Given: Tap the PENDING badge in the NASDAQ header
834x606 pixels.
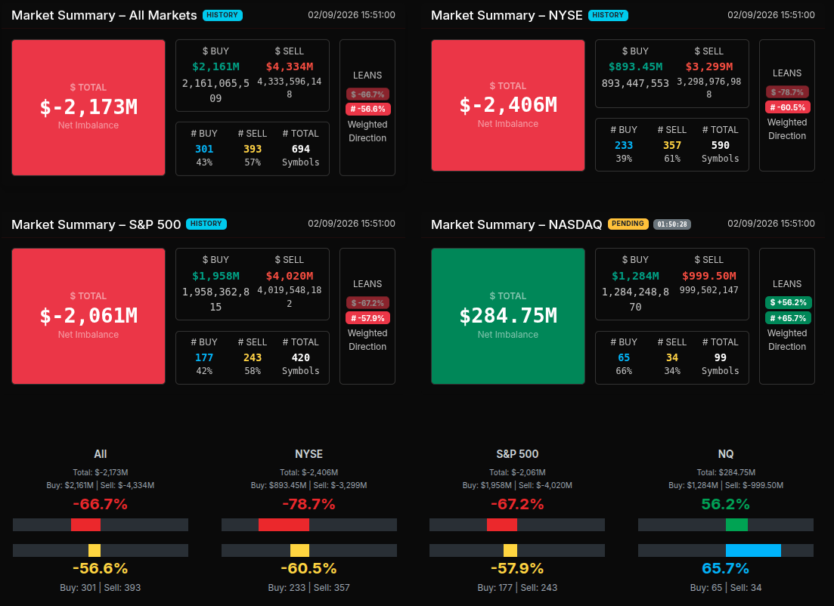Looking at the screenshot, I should click(628, 224).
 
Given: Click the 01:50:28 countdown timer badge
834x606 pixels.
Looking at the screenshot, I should click(672, 224).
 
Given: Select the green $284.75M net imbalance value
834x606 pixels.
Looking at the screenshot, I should click(508, 315).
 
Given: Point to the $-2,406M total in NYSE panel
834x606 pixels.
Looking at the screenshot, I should click(508, 104).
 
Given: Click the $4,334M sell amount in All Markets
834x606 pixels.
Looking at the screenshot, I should click(289, 67).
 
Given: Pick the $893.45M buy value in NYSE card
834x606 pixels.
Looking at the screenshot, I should click(635, 66).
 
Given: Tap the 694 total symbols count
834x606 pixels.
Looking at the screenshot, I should click(301, 149).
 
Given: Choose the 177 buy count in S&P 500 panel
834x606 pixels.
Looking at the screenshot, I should click(204, 357).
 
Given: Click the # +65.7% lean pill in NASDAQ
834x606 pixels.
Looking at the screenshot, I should click(787, 318).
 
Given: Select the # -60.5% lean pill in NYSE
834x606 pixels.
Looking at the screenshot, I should click(787, 107).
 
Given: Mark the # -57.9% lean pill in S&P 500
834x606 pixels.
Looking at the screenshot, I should click(368, 318).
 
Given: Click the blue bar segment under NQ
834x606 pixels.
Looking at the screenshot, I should click(753, 550).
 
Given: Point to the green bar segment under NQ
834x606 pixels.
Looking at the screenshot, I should click(736, 524).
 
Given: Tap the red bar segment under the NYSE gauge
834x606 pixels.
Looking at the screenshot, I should click(284, 524).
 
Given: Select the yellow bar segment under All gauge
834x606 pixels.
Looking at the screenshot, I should click(95, 550).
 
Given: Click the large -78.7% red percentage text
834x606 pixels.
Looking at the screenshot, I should click(308, 504).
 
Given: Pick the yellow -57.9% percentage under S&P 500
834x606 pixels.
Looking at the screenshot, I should click(516, 568).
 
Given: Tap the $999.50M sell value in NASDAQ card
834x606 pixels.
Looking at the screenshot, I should click(708, 276).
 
